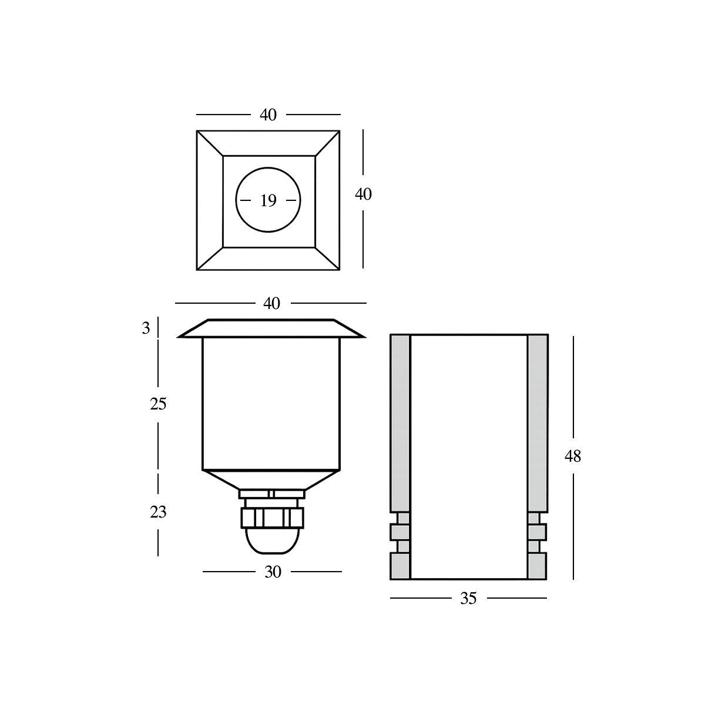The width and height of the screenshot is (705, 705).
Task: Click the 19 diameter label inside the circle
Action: coord(268,201)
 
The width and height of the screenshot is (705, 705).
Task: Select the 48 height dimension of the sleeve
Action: coord(573,456)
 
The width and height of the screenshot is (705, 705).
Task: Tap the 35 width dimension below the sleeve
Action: coord(468,598)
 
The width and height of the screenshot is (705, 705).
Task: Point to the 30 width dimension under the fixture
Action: coord(273,572)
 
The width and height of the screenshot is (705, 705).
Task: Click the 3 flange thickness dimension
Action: coord(146,328)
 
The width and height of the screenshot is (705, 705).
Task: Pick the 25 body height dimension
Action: coord(158,404)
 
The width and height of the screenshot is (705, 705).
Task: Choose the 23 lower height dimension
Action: coord(158,512)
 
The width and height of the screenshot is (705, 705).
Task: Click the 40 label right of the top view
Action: coord(363,194)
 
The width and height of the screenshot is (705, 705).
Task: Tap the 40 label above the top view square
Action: coord(268,115)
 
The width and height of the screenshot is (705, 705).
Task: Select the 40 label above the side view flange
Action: coord(271,304)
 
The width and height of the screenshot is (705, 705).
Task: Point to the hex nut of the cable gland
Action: coord(272,517)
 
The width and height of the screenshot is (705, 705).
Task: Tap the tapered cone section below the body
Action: coord(271,479)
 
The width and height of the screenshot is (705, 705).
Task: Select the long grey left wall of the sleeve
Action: coord(400,423)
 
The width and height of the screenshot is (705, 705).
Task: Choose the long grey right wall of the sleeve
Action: coord(538,423)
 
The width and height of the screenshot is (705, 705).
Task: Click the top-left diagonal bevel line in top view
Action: coord(210,143)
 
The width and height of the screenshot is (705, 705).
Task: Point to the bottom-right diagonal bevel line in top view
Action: coord(327,258)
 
